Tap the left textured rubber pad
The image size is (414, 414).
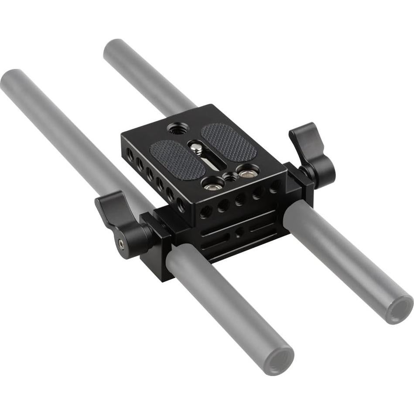pos(177,159)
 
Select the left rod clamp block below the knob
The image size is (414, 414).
pos(156,246)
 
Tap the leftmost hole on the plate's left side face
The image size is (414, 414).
pos(130,154)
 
